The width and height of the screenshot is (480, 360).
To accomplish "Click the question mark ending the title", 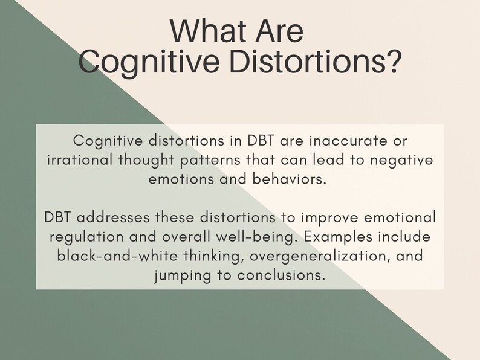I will (392, 62).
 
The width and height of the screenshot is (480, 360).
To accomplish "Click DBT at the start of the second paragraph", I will (60, 217).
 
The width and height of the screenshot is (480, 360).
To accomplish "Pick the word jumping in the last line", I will (178, 275).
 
